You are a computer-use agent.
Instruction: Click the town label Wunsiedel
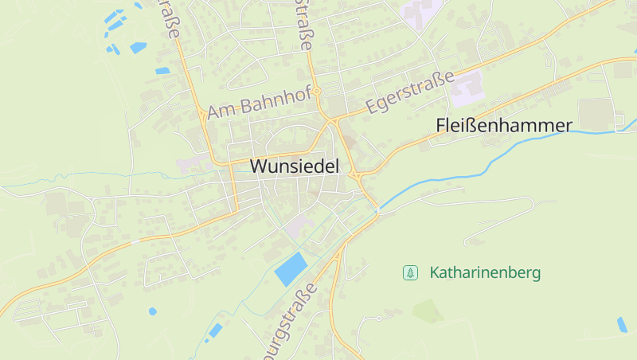(295, 166)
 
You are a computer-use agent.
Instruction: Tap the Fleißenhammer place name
(504, 126)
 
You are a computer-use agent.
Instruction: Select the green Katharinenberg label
(485, 272)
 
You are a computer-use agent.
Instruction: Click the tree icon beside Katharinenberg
(410, 272)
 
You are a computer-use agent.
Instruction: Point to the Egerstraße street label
(409, 92)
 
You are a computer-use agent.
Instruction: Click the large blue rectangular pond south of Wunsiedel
(291, 268)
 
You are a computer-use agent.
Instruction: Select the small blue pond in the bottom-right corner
(622, 324)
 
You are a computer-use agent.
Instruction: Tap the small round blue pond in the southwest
(152, 311)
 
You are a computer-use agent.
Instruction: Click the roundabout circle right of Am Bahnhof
(317, 92)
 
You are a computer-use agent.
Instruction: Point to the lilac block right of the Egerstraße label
(467, 88)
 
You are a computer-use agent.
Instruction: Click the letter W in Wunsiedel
(259, 166)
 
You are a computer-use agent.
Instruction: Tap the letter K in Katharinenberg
(434, 272)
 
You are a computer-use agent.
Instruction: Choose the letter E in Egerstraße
(369, 108)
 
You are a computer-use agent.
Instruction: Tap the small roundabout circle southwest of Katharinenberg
(380, 319)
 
